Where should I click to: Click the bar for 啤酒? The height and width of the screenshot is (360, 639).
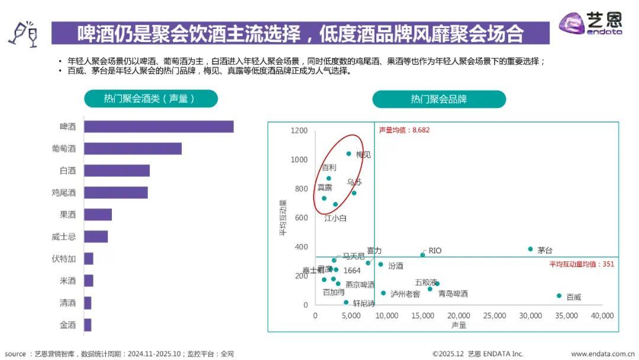[x=159, y=127]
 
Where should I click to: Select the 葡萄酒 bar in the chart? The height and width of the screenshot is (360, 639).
[x=133, y=149]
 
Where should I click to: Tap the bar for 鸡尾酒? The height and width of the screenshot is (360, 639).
[x=115, y=192]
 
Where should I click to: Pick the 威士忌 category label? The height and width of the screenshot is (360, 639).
[x=64, y=237]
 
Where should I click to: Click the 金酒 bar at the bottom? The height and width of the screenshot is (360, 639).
[x=88, y=324]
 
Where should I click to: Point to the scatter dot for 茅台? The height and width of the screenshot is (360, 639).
[x=530, y=249]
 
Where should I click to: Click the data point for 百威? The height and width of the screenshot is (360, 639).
[x=559, y=295]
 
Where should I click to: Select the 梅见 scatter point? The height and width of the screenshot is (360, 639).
[x=348, y=154]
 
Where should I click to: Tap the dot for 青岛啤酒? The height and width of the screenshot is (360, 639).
[x=430, y=289]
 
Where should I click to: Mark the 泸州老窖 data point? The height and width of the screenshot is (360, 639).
[x=383, y=293]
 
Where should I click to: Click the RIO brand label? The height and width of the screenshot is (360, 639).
[x=435, y=251]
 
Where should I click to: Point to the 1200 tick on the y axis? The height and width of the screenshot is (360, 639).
[x=299, y=131]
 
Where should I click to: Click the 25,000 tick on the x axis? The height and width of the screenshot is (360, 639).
[x=495, y=316]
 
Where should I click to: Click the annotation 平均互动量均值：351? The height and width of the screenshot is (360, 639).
[x=582, y=264]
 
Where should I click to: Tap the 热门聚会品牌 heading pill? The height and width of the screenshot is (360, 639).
[x=438, y=99]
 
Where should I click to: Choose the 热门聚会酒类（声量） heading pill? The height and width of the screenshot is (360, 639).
[x=150, y=99]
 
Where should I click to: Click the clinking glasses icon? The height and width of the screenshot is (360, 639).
[x=24, y=33]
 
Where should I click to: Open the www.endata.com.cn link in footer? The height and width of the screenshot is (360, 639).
[x=602, y=354]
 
